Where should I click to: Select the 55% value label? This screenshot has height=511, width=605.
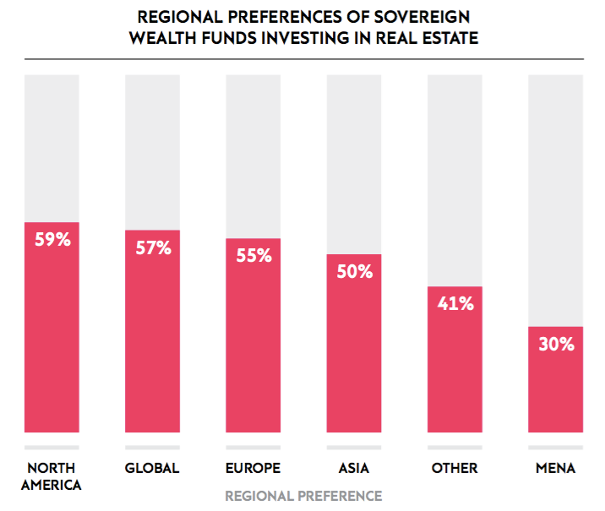coord(253,256)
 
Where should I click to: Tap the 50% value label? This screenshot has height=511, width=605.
coord(354,272)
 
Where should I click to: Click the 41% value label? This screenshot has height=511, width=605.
coord(455,304)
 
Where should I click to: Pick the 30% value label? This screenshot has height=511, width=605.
coord(555,344)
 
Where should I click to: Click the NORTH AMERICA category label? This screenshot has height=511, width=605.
coord(52,476)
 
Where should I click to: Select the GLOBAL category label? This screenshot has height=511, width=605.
coord(152,468)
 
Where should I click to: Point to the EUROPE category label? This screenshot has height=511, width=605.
coord(253,468)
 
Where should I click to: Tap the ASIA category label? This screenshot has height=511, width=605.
coord(354,468)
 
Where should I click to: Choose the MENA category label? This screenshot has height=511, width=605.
coord(555,468)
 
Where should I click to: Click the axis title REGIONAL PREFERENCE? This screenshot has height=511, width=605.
coord(303,496)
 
